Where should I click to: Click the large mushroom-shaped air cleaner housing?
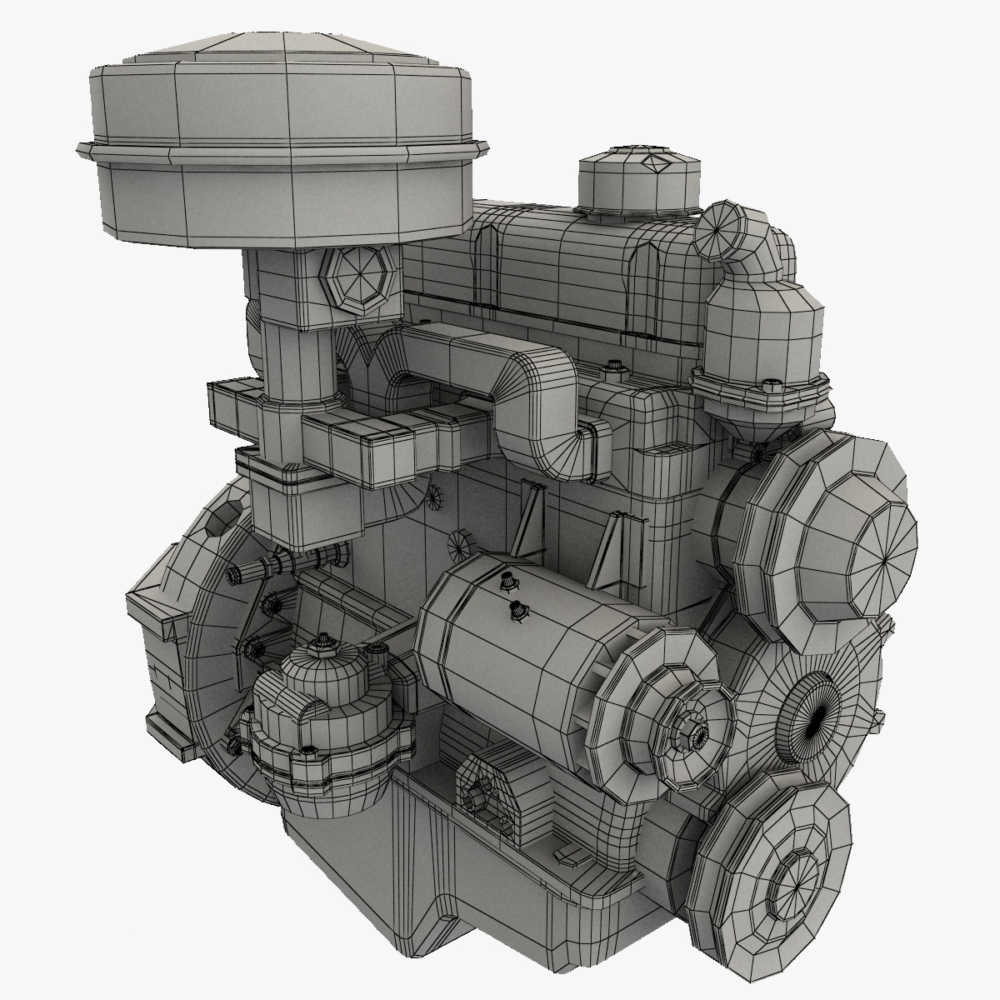[283, 142]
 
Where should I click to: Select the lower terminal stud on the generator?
[517, 611]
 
